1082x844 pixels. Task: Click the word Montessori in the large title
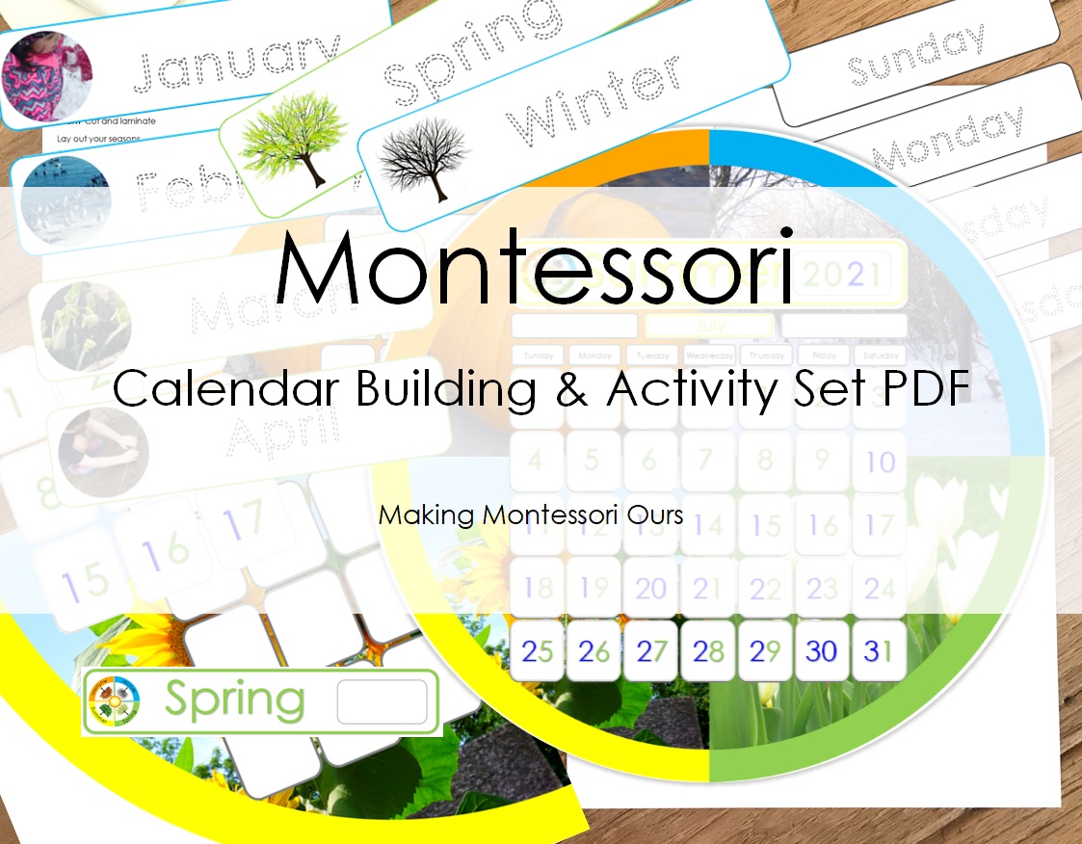coord(535,268)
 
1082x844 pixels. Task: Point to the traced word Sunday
coord(915,55)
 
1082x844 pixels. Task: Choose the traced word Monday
coord(950,140)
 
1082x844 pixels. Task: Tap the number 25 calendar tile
coord(537,651)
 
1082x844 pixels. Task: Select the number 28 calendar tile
coord(708,651)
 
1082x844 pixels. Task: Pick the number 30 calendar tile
coord(822,651)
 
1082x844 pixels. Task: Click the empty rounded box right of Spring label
coord(382,701)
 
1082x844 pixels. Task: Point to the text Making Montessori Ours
coord(531,514)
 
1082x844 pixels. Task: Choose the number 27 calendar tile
coord(651,651)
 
